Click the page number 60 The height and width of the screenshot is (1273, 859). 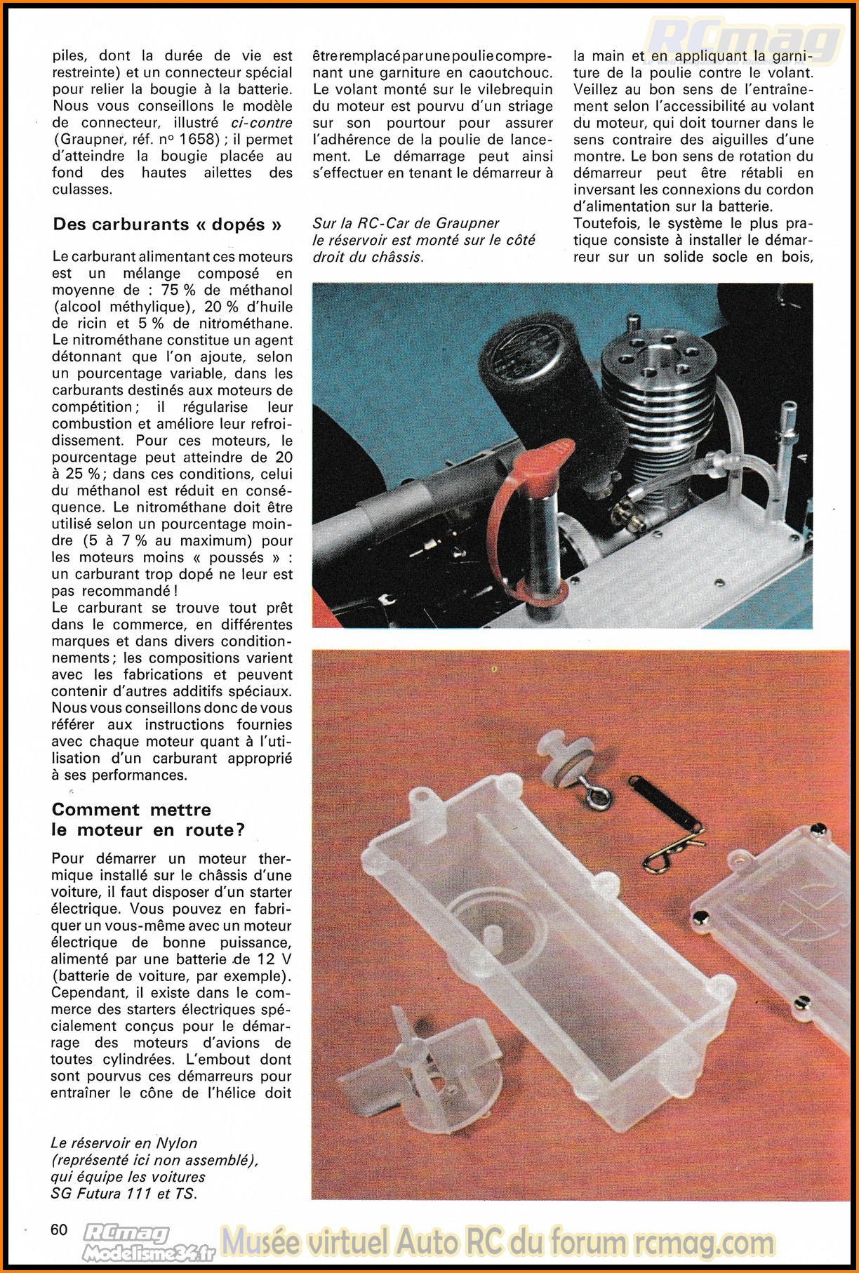(x=60, y=1229)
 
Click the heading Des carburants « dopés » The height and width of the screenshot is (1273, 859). (x=167, y=225)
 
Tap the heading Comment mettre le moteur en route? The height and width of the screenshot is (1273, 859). (x=148, y=820)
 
